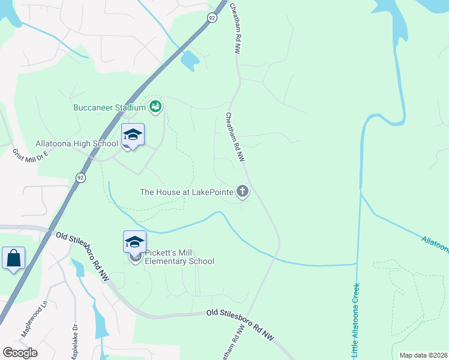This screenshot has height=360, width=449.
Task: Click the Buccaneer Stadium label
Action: (x=109, y=107)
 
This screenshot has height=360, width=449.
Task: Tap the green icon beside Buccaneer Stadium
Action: (x=156, y=107)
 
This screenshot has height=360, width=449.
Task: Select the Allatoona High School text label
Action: (x=77, y=143)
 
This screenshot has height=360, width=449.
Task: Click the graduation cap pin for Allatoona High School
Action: (x=133, y=135)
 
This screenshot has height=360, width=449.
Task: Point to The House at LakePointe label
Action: (x=187, y=192)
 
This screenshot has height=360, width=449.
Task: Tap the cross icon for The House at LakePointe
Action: (x=243, y=191)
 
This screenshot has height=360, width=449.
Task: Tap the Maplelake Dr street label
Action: (x=75, y=343)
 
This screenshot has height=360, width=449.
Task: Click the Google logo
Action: (x=20, y=353)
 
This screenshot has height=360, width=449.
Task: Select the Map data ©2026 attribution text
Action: (x=423, y=355)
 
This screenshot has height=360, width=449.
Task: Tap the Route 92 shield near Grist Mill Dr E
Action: (x=80, y=177)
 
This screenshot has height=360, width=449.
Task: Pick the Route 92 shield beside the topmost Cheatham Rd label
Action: (x=212, y=19)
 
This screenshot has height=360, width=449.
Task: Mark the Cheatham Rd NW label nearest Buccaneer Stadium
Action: (x=235, y=136)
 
